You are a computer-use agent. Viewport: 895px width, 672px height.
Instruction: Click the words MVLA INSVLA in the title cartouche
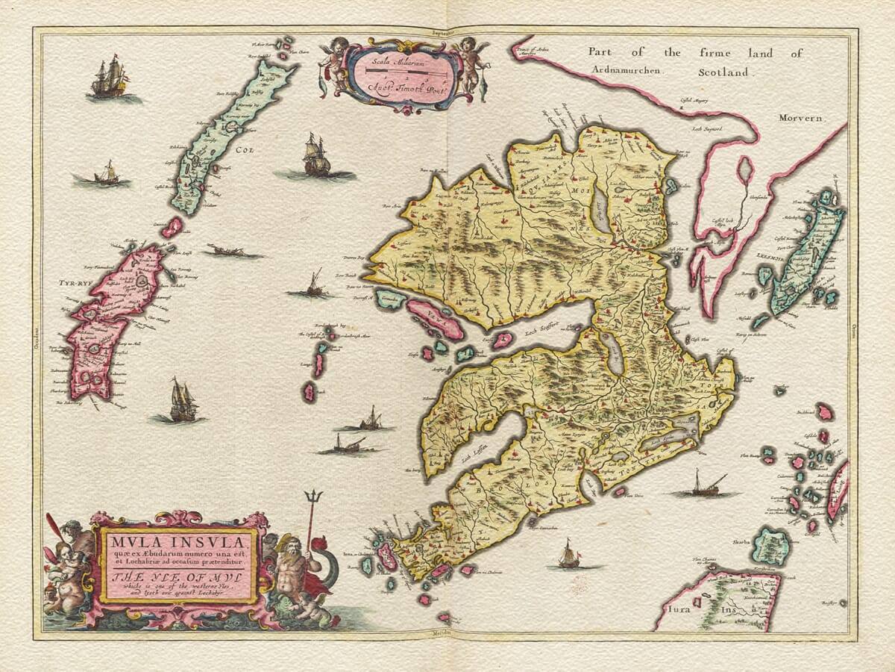179,541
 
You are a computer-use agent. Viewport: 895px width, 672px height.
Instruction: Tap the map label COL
245,149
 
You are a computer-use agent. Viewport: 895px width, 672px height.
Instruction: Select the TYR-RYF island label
74,284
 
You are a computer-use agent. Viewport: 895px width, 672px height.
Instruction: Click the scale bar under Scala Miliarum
403,69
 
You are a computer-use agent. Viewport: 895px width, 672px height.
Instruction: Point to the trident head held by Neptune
315,497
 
